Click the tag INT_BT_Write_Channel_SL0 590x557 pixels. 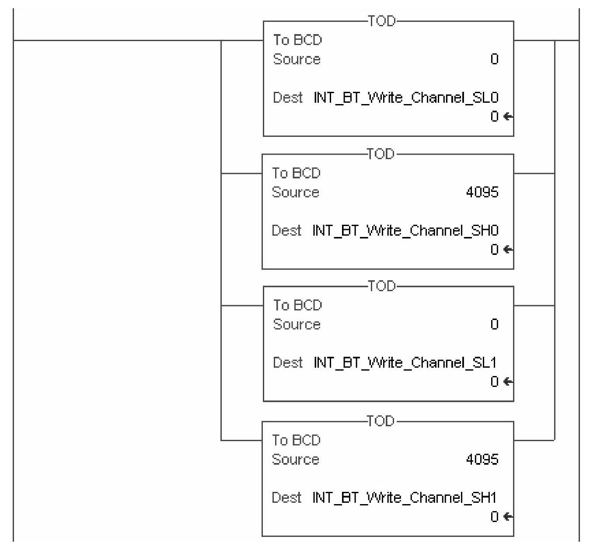tap(406, 97)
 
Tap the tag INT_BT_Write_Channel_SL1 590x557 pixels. tap(406, 363)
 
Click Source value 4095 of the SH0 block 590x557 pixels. tap(482, 192)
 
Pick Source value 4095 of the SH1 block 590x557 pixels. tap(482, 459)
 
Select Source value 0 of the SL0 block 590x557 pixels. tap(494, 59)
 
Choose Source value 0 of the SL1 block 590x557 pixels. tap(494, 324)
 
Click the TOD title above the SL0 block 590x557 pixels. tap(382, 21)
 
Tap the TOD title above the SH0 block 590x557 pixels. tap(381, 154)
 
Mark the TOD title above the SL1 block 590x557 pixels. tap(382, 286)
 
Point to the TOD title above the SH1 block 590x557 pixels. tap(381, 421)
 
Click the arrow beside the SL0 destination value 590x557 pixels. tap(508, 117)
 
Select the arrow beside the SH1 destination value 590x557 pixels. tap(508, 517)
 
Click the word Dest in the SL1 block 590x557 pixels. tap(288, 363)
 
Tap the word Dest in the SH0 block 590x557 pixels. tap(286, 230)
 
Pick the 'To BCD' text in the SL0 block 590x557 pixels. tap(298, 40)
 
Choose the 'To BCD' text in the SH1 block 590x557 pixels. tap(297, 440)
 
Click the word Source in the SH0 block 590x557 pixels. tap(296, 192)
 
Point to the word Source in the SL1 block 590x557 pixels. tap(297, 324)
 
